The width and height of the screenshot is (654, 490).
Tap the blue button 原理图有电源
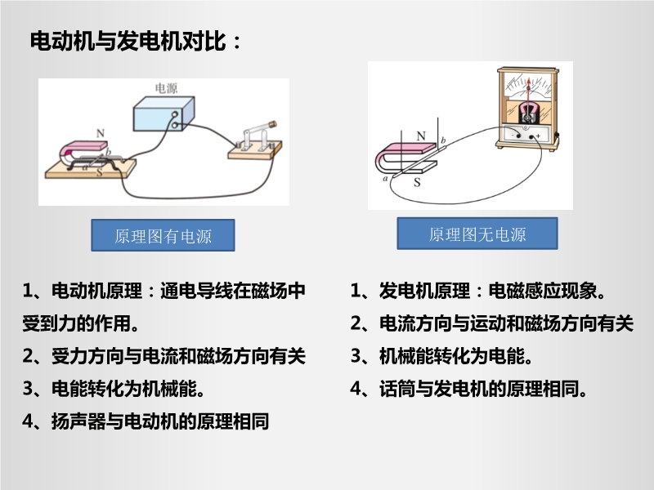click(x=163, y=235)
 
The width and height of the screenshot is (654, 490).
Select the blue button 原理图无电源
click(x=477, y=234)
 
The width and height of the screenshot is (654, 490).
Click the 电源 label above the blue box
click(x=166, y=88)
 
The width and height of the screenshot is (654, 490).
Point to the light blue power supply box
click(x=163, y=114)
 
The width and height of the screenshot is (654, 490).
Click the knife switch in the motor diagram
click(x=255, y=142)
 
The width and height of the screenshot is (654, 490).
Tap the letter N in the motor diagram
click(x=100, y=133)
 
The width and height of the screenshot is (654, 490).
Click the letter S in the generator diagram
click(x=417, y=182)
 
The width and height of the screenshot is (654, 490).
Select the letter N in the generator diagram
click(x=421, y=136)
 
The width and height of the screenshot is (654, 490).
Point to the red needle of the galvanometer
click(x=529, y=91)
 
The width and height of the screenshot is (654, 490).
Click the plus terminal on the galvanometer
click(x=532, y=136)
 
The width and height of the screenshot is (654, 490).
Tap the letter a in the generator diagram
click(x=385, y=179)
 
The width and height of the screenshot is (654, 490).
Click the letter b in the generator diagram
click(x=443, y=140)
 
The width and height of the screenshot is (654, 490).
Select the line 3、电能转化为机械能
click(x=114, y=389)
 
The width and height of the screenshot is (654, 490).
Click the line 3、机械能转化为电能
click(x=441, y=356)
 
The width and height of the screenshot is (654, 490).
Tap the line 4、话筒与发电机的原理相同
click(x=468, y=389)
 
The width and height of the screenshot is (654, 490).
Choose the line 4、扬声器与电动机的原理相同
click(x=146, y=421)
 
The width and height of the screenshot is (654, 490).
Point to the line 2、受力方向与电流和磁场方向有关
click(x=164, y=356)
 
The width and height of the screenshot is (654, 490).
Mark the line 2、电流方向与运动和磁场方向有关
click(x=492, y=323)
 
